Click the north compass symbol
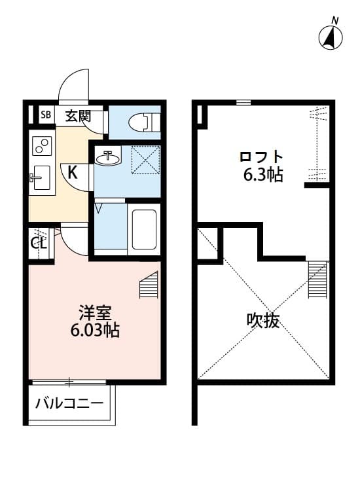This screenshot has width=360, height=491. [333, 36]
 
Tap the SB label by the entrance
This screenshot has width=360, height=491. [46, 116]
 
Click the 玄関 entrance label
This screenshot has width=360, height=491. [77, 117]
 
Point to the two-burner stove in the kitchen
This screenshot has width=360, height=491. [43, 145]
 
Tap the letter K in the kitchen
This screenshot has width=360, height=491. [73, 173]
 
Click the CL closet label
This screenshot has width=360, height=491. [39, 243]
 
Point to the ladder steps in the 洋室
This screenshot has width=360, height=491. [150, 286]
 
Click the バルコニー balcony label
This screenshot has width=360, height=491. [69, 402]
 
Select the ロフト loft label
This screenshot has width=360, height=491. [261, 158]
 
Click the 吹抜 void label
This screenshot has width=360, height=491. [262, 320]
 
